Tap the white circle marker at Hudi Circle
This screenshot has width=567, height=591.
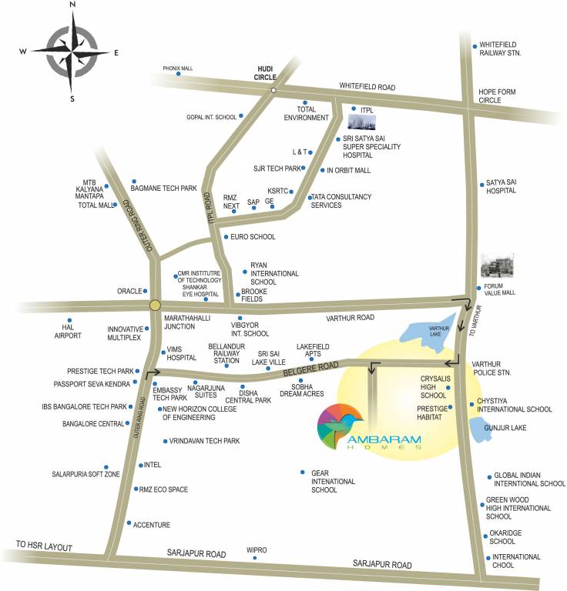click(x=273, y=91)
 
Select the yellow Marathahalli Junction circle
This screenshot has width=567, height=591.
click(x=156, y=305)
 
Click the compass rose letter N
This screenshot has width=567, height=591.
click(x=72, y=5)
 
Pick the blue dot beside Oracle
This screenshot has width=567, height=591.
click(x=145, y=291)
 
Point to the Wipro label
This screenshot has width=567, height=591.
click(x=257, y=550)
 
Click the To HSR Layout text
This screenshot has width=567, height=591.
click(x=43, y=547)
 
